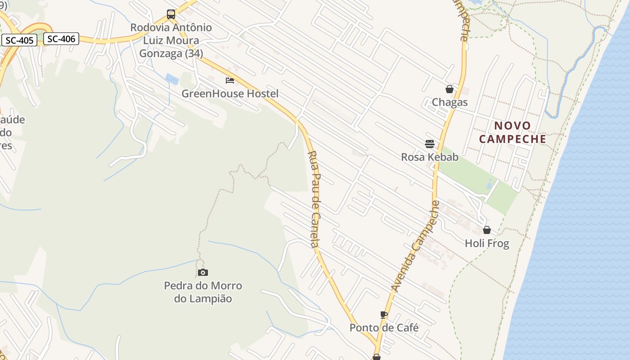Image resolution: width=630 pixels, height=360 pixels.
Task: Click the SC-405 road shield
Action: pyautogui.click(x=20, y=40)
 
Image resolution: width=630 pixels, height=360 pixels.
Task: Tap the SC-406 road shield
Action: pyautogui.click(x=61, y=39)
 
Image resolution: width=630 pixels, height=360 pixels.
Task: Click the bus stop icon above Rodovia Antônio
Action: pyautogui.click(x=171, y=14)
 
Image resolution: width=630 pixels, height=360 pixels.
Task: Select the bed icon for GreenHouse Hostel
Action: pyautogui.click(x=230, y=81)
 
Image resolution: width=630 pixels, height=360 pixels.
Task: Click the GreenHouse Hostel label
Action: pyautogui.click(x=230, y=94)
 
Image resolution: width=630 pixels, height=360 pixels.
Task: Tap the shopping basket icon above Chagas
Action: pyautogui.click(x=449, y=89)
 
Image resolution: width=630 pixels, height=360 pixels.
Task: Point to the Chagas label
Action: pyautogui.click(x=450, y=102)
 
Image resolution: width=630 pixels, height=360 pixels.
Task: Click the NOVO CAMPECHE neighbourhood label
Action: pyautogui.click(x=513, y=132)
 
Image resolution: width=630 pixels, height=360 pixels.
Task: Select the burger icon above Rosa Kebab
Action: pyautogui.click(x=430, y=144)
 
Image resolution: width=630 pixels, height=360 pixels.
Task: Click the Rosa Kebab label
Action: pyautogui.click(x=430, y=157)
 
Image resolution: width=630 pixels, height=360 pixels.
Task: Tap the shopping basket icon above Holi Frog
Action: pyautogui.click(x=487, y=230)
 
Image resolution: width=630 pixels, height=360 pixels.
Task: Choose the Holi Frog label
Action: pyautogui.click(x=487, y=243)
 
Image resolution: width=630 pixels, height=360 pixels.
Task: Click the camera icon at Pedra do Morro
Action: pyautogui.click(x=203, y=272)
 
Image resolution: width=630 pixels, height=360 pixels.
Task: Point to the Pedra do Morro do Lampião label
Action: pyautogui.click(x=203, y=292)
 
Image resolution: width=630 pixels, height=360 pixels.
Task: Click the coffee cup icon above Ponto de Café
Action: pyautogui.click(x=384, y=315)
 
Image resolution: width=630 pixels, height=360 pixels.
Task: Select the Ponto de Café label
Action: pyautogui.click(x=384, y=328)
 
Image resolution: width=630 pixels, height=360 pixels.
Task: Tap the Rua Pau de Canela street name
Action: pyautogui.click(x=313, y=198)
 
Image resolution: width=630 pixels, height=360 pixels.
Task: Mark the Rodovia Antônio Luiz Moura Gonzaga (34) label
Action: pyautogui.click(x=171, y=40)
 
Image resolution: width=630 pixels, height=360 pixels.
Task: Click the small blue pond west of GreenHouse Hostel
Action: pyautogui.click(x=172, y=79)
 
